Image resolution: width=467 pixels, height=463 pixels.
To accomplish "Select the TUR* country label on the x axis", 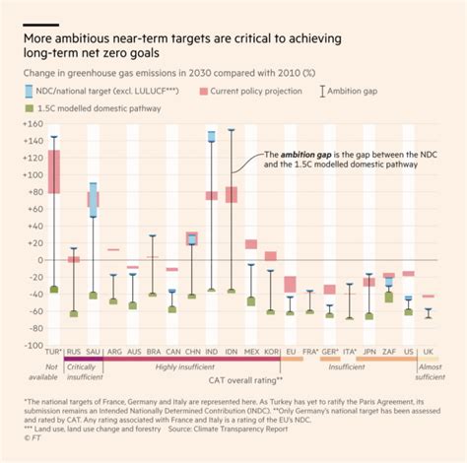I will click(53, 350).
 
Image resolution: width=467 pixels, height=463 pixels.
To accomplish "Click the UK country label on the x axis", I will click(428, 350).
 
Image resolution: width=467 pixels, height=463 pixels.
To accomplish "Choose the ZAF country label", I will click(388, 350).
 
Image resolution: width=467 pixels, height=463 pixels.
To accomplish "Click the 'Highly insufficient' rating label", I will click(207, 366).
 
